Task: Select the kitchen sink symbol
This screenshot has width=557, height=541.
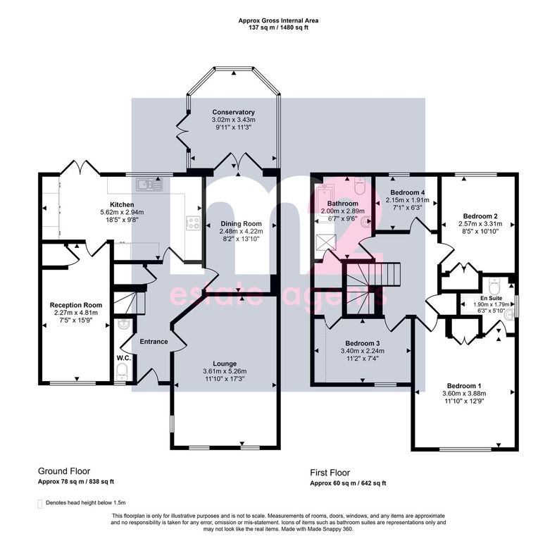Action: tap(150, 186)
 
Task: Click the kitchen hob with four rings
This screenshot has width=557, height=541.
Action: tap(192, 223)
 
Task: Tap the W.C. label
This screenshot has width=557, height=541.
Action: tap(123, 357)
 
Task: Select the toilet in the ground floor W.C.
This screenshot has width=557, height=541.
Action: tap(123, 373)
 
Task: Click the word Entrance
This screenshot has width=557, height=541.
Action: tap(154, 342)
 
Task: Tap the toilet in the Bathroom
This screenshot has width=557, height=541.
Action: tap(360, 187)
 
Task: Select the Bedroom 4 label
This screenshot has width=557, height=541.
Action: tap(408, 192)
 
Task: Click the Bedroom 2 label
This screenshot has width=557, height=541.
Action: tap(480, 216)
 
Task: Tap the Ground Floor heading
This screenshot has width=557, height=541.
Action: tap(63, 471)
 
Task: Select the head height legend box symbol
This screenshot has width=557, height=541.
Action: tap(40, 504)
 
